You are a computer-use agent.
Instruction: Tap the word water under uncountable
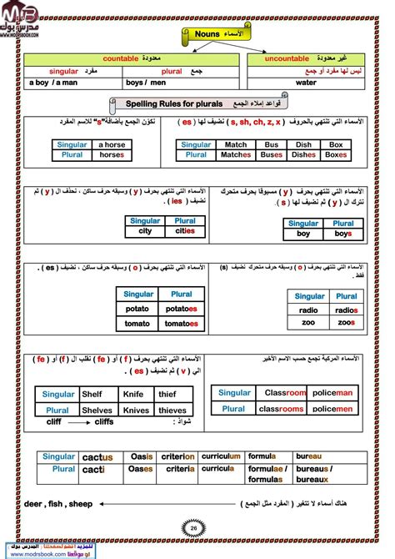tap(306, 83)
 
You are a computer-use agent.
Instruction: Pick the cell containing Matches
tap(236, 154)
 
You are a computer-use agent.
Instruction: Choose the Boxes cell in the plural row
tap(336, 154)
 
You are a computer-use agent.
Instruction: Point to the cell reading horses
tap(111, 155)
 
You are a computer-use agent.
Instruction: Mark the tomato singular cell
tap(139, 323)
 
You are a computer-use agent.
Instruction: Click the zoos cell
tap(346, 322)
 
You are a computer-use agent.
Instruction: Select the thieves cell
tap(173, 410)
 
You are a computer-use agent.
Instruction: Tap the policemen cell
tap(332, 409)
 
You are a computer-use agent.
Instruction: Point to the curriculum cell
tap(222, 456)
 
